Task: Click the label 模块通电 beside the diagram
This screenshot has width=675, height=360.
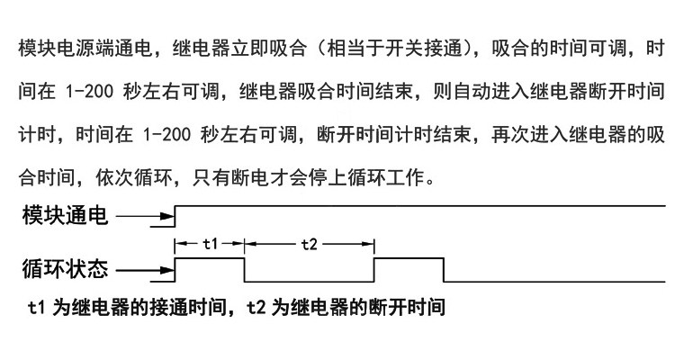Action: point(65,215)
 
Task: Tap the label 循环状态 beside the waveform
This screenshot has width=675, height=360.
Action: point(65,268)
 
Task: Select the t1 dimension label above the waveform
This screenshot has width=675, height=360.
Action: point(210,243)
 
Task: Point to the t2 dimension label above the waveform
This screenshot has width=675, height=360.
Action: point(309,243)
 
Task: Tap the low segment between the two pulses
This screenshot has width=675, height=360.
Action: point(309,280)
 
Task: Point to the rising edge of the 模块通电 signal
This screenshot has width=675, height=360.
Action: point(175,216)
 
